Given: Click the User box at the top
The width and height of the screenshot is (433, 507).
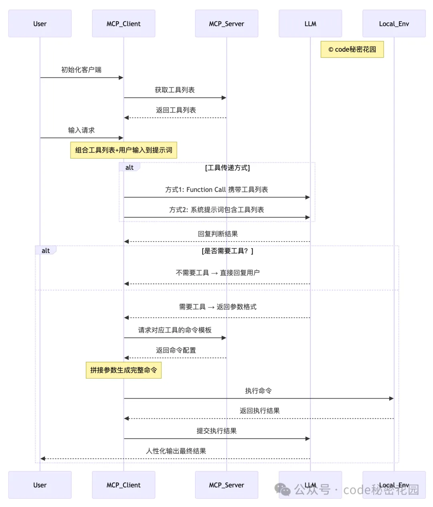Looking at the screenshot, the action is click(x=40, y=24).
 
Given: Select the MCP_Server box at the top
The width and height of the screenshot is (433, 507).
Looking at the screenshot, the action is click(x=227, y=24).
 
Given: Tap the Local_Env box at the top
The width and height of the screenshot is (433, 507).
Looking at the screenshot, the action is click(x=394, y=24).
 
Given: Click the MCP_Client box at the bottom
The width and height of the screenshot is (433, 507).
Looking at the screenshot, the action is click(x=123, y=485).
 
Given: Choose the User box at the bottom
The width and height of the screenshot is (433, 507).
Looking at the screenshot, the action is click(x=40, y=485).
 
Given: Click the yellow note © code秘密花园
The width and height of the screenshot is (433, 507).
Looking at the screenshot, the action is click(x=352, y=49).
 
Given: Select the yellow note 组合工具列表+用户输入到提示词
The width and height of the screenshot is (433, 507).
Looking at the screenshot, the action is click(x=123, y=150).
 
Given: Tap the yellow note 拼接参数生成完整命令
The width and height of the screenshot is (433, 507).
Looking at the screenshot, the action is click(x=123, y=370).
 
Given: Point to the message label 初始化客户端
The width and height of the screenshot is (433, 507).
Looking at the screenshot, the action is click(x=81, y=70).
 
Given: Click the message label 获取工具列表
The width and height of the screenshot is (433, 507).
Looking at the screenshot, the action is click(x=175, y=90).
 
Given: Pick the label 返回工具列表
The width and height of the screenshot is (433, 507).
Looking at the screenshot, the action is click(x=176, y=110).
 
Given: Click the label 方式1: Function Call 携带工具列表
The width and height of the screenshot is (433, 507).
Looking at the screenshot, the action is click(x=216, y=189).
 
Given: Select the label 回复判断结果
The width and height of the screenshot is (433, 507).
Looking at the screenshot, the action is click(x=218, y=234).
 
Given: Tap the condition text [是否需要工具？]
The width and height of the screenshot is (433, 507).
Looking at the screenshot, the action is click(x=227, y=251).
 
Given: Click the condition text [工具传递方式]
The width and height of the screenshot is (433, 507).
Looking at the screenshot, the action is click(x=227, y=168).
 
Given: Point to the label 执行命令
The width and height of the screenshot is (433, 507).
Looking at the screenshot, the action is click(x=258, y=390).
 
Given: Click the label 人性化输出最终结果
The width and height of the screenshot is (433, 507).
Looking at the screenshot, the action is click(x=176, y=451).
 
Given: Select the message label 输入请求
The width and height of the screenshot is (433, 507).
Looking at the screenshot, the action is click(x=81, y=130).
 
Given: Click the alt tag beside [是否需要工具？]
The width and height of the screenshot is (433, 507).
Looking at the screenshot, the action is click(x=46, y=251).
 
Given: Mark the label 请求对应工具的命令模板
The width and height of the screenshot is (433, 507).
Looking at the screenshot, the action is click(x=175, y=330).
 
